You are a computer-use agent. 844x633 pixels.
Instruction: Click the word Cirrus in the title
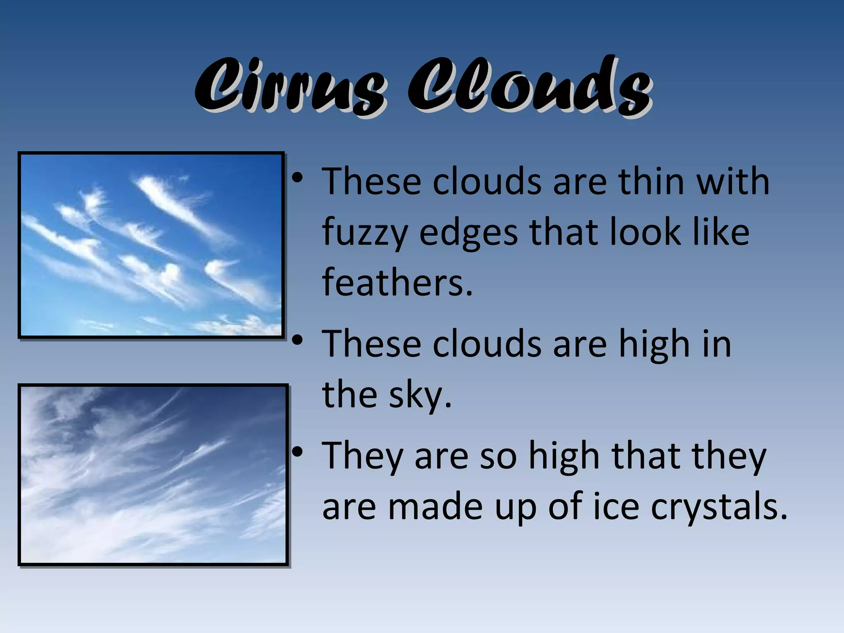click(291, 87)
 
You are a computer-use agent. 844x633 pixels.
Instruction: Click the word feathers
click(397, 282)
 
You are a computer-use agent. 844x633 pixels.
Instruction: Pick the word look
click(645, 232)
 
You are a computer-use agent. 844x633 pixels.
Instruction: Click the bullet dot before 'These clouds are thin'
click(297, 179)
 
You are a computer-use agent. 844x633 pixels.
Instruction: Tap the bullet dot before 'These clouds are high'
click(297, 341)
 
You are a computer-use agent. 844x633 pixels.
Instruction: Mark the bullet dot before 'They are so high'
click(297, 452)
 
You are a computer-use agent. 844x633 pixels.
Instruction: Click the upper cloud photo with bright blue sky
click(151, 245)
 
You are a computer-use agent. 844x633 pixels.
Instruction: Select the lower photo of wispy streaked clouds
click(153, 475)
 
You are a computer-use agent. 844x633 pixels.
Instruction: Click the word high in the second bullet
click(654, 345)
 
